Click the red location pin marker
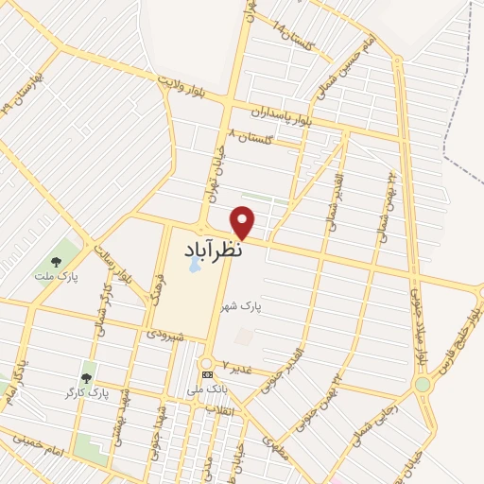244,221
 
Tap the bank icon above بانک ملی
207,374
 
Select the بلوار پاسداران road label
281,116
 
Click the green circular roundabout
422,385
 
